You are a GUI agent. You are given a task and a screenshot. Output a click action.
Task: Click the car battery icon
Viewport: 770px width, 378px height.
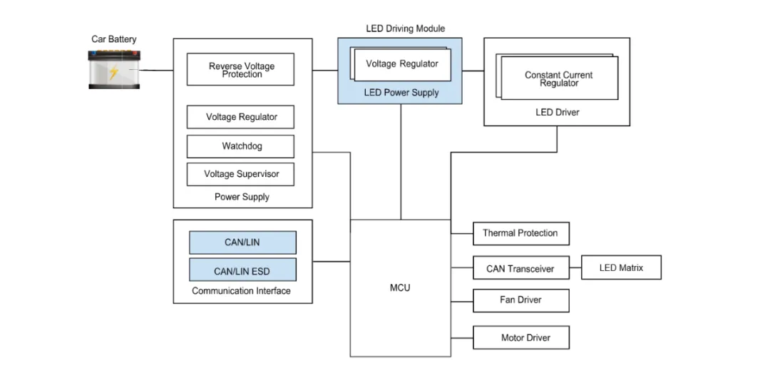[x=114, y=69]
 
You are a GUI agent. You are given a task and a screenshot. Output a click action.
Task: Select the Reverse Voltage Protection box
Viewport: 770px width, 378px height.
[x=241, y=70]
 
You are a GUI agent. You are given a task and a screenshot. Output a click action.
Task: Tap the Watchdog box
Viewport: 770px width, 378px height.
[x=241, y=146]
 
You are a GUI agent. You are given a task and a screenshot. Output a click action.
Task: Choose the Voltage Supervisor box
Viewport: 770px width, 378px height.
[x=241, y=174]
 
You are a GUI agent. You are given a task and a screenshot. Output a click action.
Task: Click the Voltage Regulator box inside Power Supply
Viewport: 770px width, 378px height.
[x=241, y=117]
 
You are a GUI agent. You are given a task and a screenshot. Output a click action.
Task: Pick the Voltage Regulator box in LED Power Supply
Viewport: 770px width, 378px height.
[x=401, y=64]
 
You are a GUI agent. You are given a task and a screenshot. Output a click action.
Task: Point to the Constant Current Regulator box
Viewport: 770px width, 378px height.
[x=559, y=78]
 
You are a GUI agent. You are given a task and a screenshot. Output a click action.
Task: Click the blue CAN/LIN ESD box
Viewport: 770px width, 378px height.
[x=242, y=271]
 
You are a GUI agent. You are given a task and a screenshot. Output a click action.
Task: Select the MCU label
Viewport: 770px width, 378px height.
[x=400, y=288]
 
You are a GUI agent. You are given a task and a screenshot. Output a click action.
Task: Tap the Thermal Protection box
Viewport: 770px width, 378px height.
[x=520, y=233]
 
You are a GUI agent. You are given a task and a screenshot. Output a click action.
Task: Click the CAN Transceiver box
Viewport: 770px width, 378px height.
[x=520, y=269]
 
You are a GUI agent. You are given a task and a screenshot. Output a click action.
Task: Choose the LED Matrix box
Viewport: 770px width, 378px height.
[x=621, y=267]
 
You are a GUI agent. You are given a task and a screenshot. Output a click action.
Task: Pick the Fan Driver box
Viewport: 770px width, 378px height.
[x=520, y=300]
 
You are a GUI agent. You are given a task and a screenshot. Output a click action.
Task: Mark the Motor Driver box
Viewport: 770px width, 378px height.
[x=520, y=337]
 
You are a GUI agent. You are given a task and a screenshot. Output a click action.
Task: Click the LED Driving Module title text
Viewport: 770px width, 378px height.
[x=405, y=29]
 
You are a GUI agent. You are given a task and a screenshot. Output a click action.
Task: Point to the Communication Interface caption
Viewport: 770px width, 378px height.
[x=242, y=291]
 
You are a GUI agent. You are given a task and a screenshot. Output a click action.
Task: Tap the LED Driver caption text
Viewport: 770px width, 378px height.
[x=558, y=113]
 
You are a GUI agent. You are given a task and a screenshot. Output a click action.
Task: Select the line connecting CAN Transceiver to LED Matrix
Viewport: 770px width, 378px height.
[x=575, y=268]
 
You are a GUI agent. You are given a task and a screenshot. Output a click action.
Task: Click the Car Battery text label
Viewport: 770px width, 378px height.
[x=114, y=39]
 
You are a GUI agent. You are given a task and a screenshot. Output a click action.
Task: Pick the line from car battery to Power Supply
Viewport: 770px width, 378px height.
[x=157, y=70]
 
